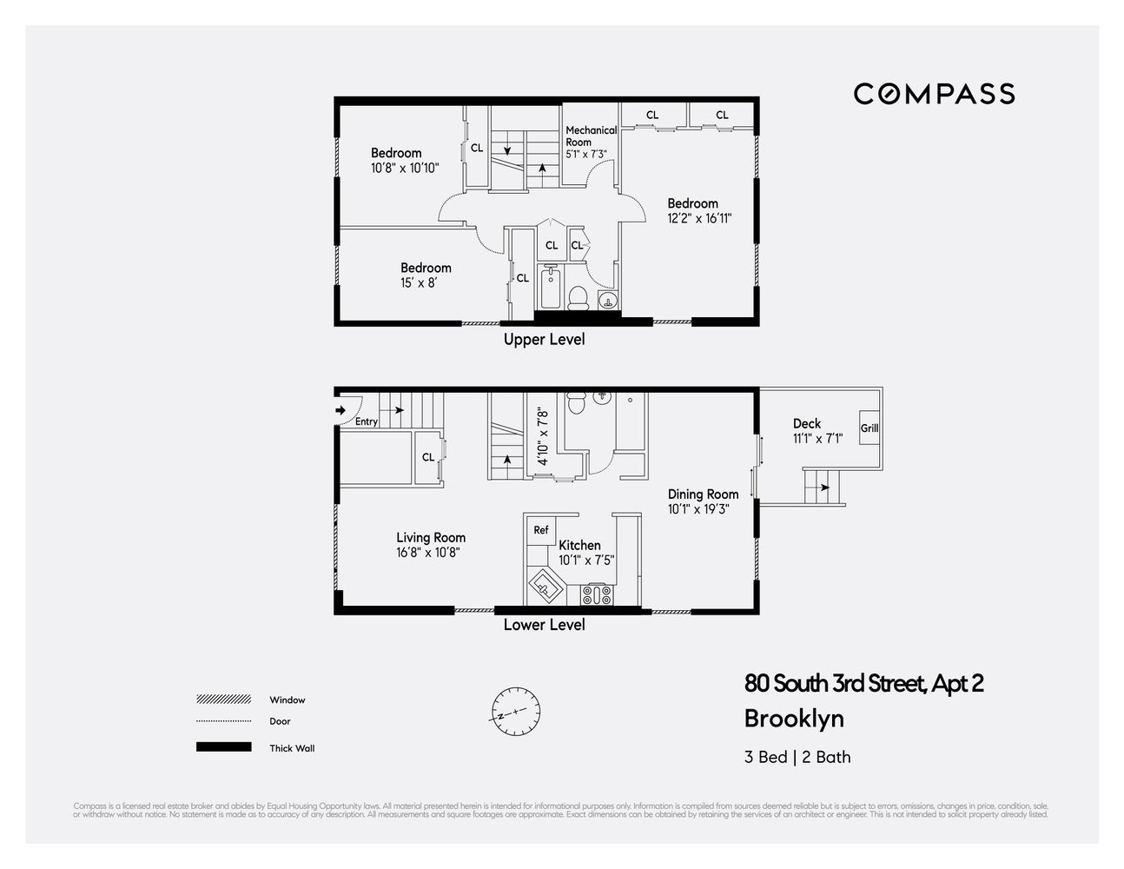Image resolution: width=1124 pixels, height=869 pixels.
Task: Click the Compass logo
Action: (934, 94)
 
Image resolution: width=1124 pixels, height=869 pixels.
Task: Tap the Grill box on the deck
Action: (869, 428)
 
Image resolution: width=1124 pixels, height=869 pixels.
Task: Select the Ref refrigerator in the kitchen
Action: (541, 530)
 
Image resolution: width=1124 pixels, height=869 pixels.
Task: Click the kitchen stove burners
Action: (597, 594)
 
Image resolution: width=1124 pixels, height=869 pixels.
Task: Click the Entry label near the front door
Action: (367, 421)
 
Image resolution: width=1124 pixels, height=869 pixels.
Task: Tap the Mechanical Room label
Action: (591, 136)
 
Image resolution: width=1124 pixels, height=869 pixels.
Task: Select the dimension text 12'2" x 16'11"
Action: (699, 219)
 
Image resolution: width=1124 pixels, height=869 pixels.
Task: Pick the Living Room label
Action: (431, 538)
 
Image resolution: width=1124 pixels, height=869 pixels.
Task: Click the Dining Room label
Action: (703, 494)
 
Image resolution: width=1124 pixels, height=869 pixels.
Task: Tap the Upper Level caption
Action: (544, 340)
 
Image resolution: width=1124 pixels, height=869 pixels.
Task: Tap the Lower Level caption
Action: (544, 625)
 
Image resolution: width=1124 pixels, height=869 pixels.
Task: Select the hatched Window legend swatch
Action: (224, 700)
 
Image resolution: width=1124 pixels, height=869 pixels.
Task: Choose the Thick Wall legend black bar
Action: (224, 747)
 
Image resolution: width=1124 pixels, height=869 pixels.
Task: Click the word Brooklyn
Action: (794, 719)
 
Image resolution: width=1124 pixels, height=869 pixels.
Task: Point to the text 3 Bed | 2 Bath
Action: (797, 757)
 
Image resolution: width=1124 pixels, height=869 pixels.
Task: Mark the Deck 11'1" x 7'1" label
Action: (817, 431)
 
